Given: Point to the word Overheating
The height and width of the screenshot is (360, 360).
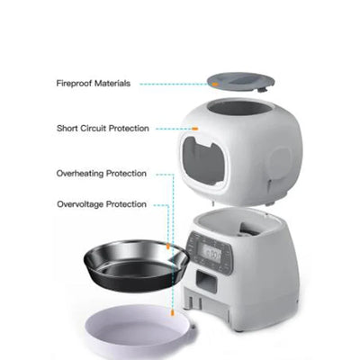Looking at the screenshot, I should [x=84, y=174].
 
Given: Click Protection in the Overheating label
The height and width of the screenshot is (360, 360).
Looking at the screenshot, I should [x=128, y=174].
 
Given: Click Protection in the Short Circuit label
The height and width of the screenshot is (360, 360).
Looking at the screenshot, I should [x=133, y=129].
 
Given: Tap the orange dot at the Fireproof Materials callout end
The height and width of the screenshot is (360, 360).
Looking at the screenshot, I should [x=213, y=84].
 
